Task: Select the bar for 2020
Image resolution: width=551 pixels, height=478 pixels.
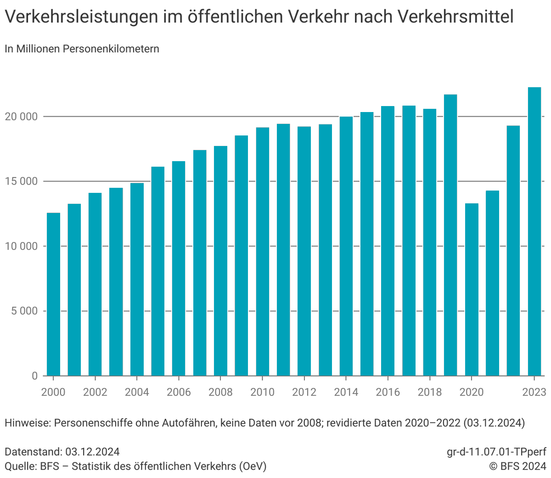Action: [x=472, y=289]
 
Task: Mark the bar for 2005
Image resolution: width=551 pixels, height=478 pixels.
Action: [x=158, y=271]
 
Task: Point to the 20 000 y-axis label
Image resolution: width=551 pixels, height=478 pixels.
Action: [x=21, y=117]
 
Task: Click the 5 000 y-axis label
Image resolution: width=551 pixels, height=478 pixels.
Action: [x=24, y=311]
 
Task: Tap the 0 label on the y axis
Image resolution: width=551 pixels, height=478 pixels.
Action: [x=35, y=376]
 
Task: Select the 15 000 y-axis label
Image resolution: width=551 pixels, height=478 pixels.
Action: [x=21, y=181]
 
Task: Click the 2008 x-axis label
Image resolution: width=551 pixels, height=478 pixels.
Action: [x=220, y=392]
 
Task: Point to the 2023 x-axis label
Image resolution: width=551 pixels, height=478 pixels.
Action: [x=534, y=392]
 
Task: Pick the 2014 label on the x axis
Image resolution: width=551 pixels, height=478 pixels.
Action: [x=346, y=392]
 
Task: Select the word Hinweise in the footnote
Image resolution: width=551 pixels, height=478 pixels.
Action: [x=27, y=422]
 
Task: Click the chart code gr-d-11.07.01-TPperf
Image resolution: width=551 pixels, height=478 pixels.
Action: [x=496, y=452]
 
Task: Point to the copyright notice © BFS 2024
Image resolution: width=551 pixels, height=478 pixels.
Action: [x=517, y=466]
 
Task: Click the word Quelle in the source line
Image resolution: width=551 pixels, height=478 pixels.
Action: [x=19, y=466]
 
